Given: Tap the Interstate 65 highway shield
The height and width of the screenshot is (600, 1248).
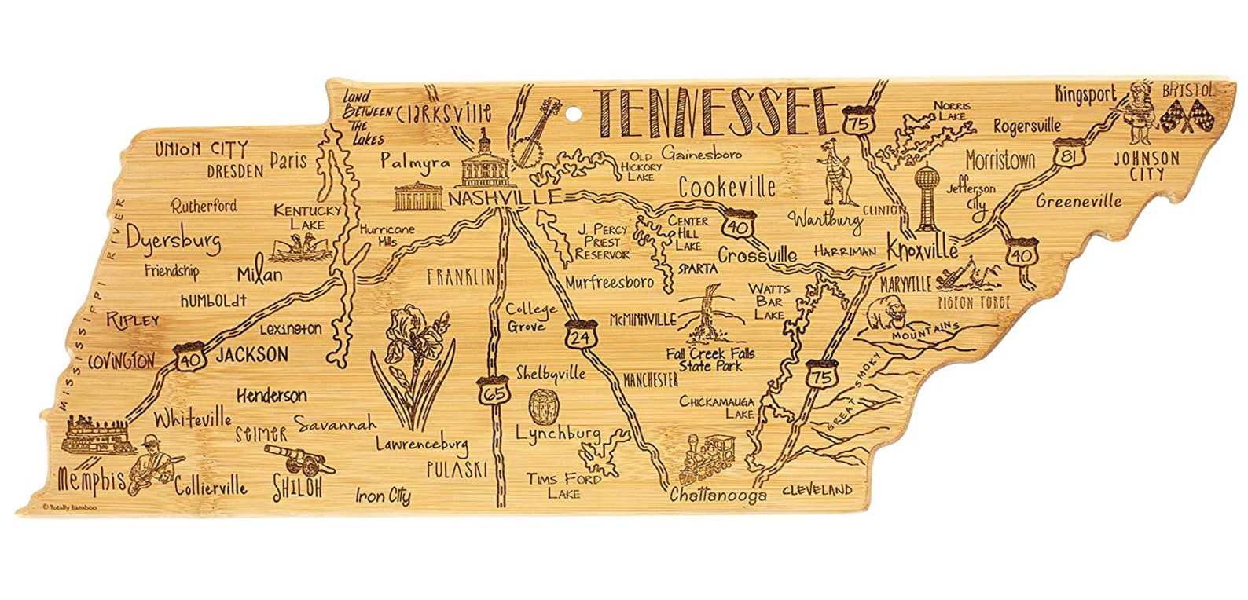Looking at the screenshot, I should [487, 390].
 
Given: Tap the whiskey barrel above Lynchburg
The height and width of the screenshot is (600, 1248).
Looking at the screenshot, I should [541, 406].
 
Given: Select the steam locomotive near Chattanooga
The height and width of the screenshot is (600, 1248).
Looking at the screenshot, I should [710, 459].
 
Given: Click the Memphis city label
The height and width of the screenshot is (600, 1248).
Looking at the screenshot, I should [91, 479].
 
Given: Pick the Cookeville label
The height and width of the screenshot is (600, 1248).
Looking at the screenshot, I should [727, 187].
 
